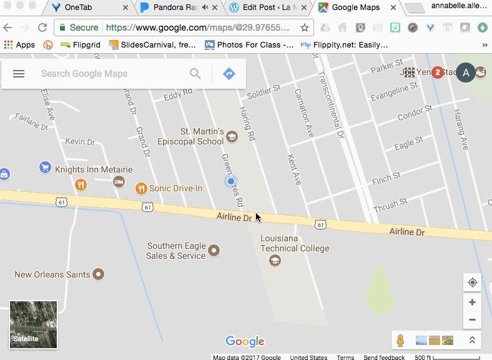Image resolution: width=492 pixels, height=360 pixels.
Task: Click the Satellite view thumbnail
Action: (33, 324)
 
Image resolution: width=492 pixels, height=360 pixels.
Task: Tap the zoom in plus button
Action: (472, 302)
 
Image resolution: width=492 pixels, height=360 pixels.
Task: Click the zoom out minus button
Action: (472, 319)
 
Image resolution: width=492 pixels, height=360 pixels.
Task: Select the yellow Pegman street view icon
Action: (400, 340)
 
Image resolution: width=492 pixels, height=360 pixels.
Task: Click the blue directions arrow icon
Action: (229, 74)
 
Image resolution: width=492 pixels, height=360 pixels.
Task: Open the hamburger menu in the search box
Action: (19, 74)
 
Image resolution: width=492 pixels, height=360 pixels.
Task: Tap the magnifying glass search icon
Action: (195, 74)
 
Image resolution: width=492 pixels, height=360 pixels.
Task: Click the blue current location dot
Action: (231, 181)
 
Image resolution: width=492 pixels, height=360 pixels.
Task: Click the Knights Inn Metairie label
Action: (94, 169)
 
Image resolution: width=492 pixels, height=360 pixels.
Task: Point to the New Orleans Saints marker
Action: (98, 274)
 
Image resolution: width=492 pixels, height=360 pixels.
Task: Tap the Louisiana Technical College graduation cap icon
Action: (275, 261)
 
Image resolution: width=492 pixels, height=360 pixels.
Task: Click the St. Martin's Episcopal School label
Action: (202, 136)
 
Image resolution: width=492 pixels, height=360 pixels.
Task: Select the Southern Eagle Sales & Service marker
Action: (214, 250)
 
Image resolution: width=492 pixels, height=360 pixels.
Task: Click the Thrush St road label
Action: (390, 204)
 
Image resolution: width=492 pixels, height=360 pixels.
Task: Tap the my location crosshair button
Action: (472, 282)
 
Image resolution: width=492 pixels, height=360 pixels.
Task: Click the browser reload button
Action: (42, 28)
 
